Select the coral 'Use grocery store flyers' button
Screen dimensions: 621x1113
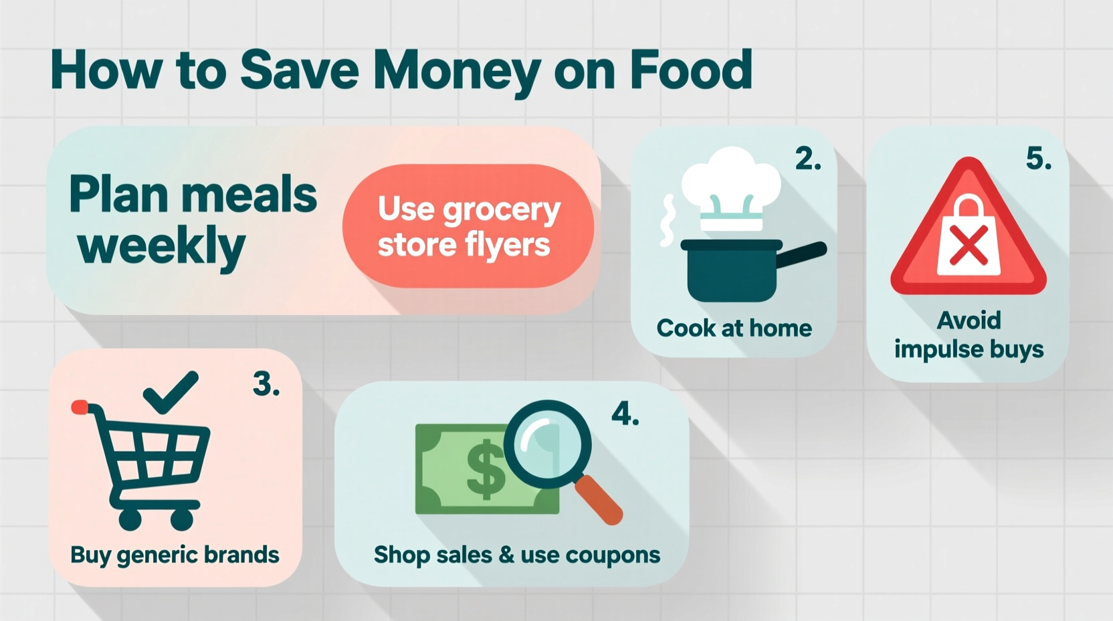click(x=468, y=226)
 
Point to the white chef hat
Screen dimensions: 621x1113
click(x=730, y=179)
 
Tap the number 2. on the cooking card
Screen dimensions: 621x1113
click(x=808, y=159)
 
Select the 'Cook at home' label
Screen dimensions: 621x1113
click(x=734, y=328)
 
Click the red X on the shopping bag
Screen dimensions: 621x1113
click(x=968, y=245)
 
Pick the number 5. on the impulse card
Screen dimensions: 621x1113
click(x=1038, y=159)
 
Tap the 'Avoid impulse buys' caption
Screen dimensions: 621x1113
click(x=969, y=335)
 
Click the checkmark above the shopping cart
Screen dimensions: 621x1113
click(x=171, y=391)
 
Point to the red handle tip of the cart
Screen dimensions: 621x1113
click(x=80, y=406)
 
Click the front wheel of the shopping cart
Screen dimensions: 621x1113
click(x=182, y=519)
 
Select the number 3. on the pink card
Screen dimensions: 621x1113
click(x=266, y=385)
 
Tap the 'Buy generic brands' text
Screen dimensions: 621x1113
click(x=175, y=555)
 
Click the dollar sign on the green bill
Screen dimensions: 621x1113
click(x=485, y=468)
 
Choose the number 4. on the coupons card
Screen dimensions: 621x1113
click(x=625, y=414)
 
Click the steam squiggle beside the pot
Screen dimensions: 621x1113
click(x=668, y=220)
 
